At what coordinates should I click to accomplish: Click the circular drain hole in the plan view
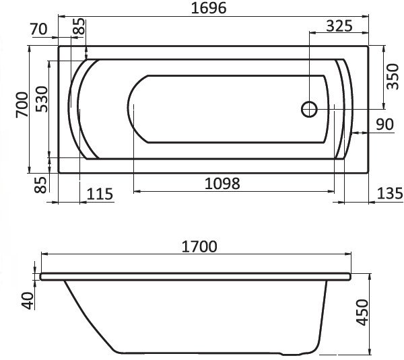(309, 110)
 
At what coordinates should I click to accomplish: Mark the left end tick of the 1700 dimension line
(42, 255)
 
